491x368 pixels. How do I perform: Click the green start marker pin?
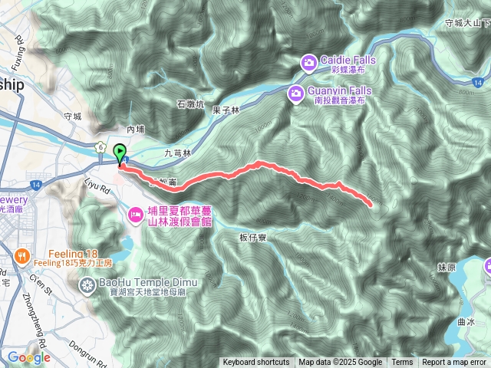point(120,153)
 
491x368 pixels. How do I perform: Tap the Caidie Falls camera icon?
point(308,61)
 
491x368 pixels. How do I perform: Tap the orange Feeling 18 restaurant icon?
point(21,255)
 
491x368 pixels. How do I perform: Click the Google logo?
point(29,357)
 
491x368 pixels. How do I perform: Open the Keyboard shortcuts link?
point(256,363)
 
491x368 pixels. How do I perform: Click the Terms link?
point(402,363)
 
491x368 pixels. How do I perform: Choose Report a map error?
point(453,363)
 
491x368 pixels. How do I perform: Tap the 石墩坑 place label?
point(190,104)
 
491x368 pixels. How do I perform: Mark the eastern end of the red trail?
point(371,205)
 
